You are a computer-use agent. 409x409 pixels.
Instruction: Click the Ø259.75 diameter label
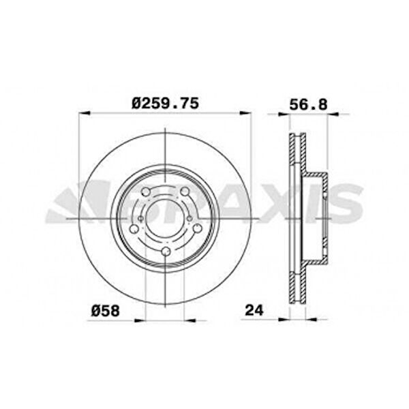click(165, 104)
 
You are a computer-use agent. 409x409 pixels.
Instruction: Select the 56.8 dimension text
click(308, 104)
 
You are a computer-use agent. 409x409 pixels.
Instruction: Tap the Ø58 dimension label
click(106, 311)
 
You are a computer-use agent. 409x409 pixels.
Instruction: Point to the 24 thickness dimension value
click(254, 310)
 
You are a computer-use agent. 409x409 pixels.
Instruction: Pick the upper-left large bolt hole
click(146, 192)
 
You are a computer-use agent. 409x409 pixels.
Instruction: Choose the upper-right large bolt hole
click(185, 192)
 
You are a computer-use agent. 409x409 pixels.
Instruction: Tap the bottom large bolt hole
click(166, 252)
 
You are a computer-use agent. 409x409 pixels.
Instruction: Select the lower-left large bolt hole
click(134, 229)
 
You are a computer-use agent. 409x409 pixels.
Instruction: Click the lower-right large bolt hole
click(198, 228)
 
